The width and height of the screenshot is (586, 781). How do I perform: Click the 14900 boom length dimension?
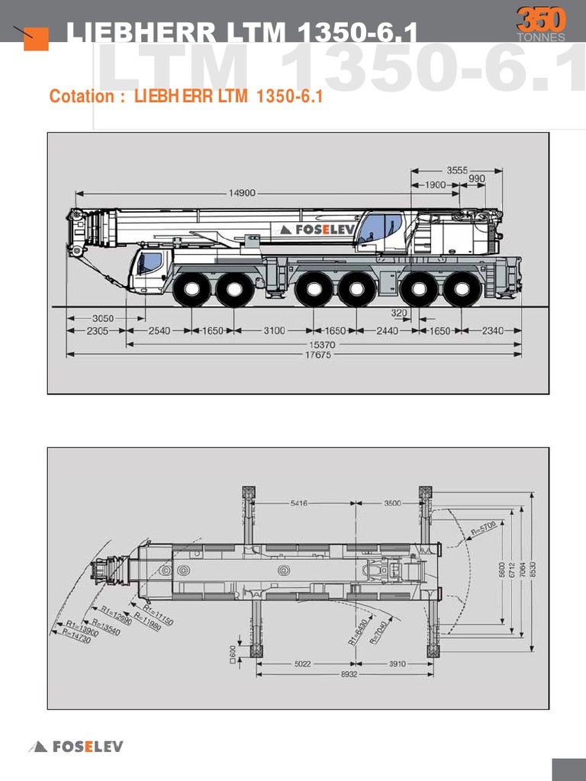242,193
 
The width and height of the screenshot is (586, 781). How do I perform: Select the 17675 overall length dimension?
318,355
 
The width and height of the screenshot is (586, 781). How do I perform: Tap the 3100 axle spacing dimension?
275,331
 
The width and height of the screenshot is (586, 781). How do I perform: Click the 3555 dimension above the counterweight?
457,170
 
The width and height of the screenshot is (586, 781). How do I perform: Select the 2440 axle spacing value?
388,331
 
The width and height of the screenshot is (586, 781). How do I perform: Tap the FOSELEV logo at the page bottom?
76,747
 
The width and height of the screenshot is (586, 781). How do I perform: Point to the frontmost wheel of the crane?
191,290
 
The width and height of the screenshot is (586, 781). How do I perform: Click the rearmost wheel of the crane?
462,290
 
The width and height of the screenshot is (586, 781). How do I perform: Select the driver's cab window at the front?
150,263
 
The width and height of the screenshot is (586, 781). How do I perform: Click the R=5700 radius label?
483,527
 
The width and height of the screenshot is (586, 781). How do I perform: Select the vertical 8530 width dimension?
533,569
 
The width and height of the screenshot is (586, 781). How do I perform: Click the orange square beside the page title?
36,38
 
